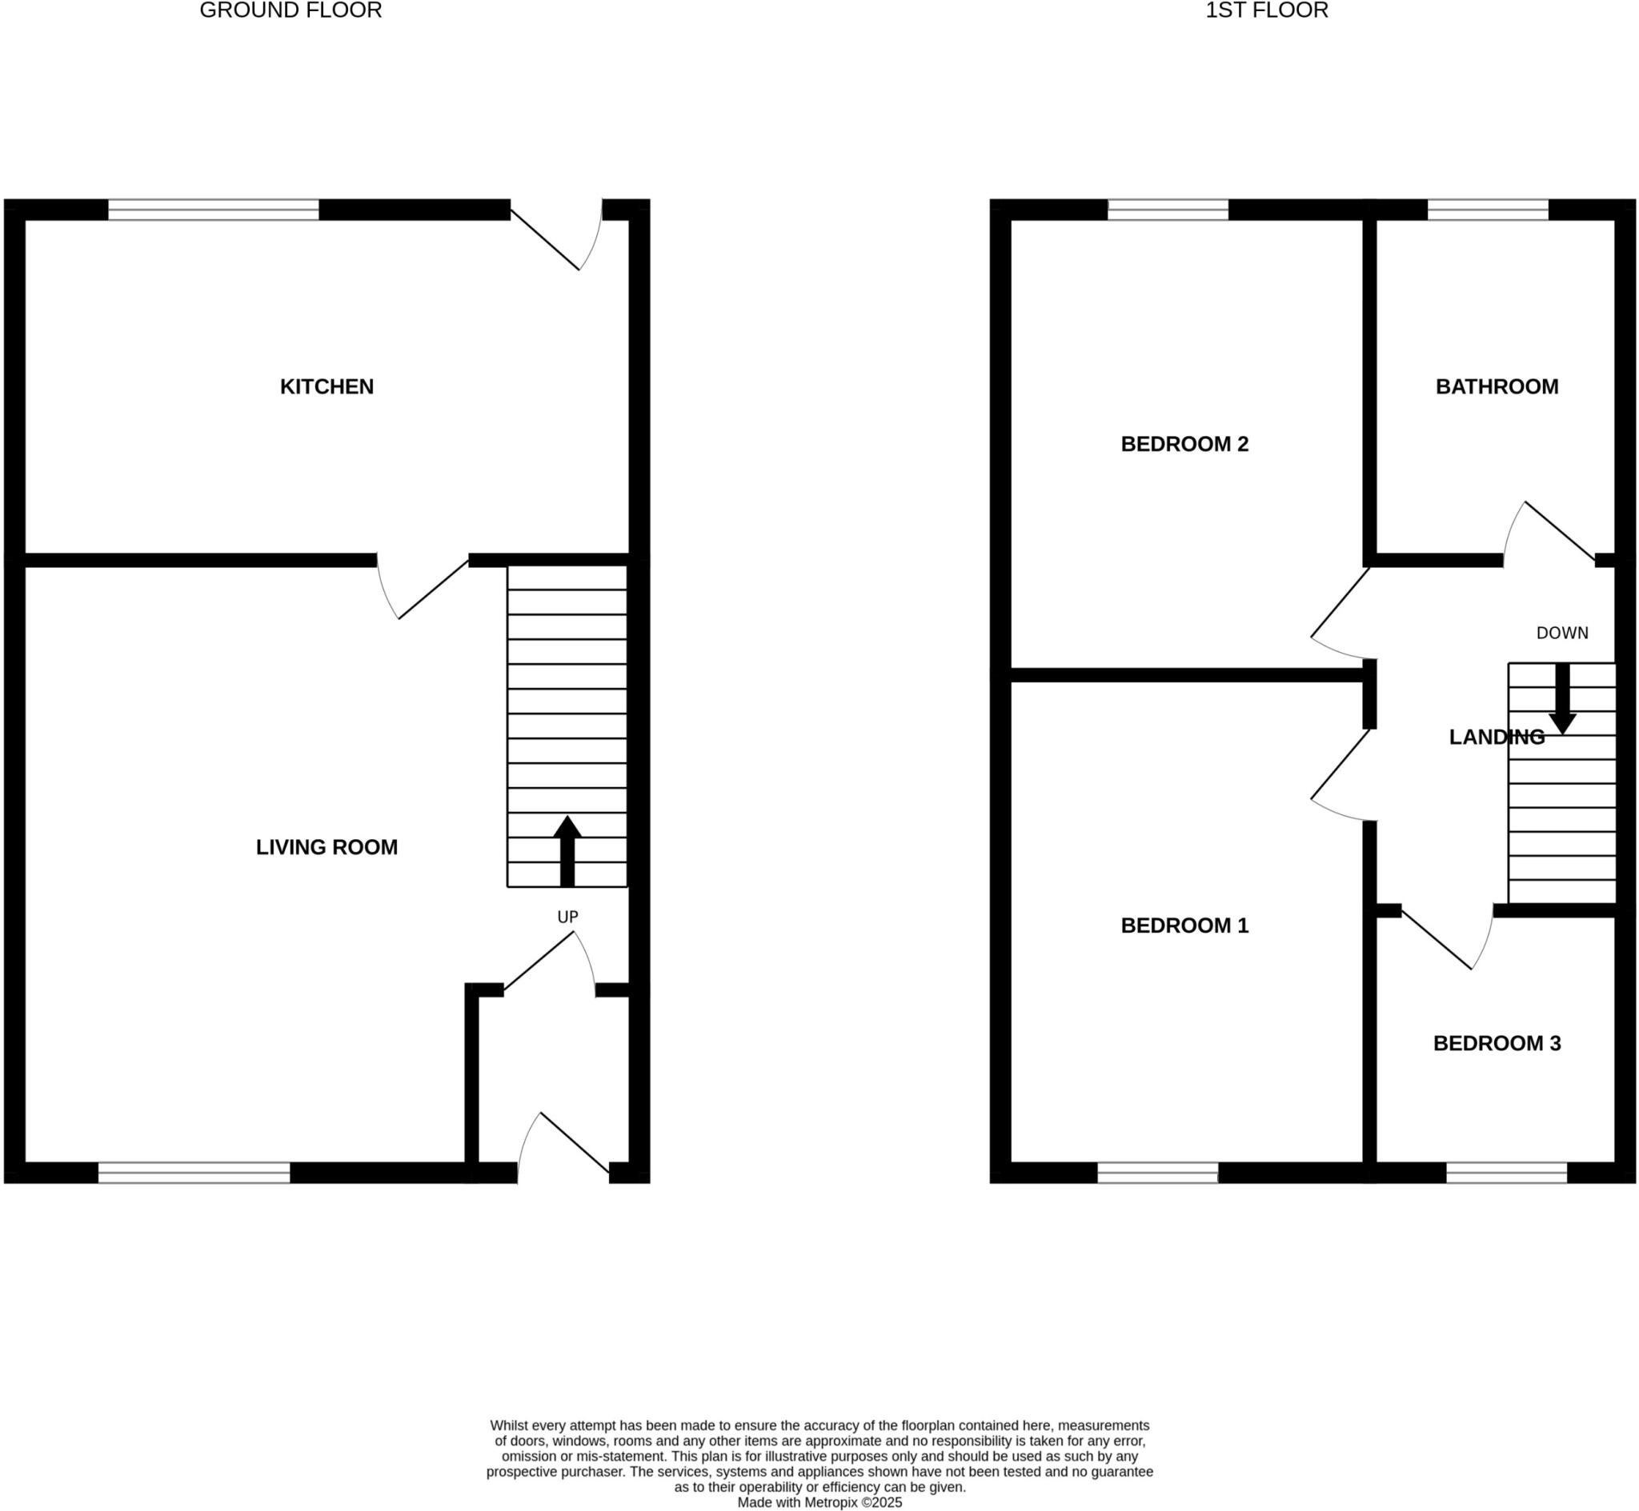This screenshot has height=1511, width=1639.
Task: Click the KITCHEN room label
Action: tap(327, 386)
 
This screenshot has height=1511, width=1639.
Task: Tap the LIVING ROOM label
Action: tap(327, 847)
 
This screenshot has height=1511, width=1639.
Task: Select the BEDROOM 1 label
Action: tap(1184, 925)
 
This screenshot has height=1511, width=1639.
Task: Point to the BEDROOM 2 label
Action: tap(1184, 444)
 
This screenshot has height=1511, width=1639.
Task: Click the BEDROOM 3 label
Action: tap(1497, 1043)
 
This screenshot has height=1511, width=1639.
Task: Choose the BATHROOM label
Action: tap(1497, 386)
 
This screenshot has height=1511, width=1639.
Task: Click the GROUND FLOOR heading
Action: tap(291, 10)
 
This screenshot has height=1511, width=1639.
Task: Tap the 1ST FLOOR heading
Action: tap(1266, 10)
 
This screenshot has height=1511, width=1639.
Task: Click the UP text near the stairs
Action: tap(567, 917)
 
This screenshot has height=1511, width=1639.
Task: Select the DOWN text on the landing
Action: tap(1562, 633)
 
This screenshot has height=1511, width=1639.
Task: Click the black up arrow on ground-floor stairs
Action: tap(567, 850)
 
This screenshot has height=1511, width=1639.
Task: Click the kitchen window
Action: tap(214, 210)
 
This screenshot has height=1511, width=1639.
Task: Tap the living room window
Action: tap(194, 1173)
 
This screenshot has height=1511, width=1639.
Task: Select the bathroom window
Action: tap(1488, 210)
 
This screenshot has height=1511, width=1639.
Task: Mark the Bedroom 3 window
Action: tap(1506, 1173)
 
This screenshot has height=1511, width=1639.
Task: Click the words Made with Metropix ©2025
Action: tap(819, 1503)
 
